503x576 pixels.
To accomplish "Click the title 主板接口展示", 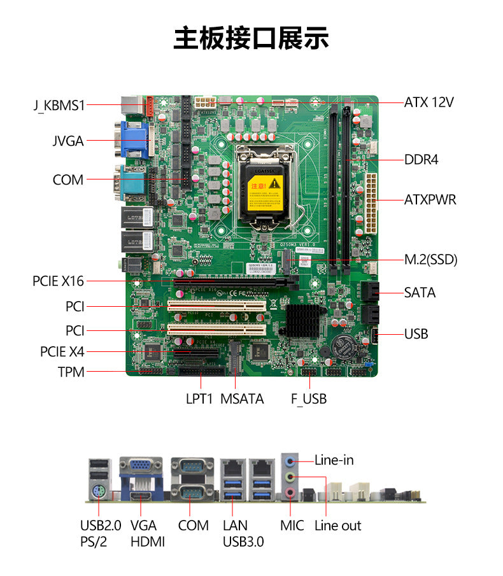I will tap(251, 39).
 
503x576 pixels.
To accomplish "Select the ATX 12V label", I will tap(429, 102).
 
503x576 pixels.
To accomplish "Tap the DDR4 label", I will tap(422, 159).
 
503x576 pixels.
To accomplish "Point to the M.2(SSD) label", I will tap(431, 260).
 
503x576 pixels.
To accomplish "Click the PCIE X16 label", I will tap(58, 280).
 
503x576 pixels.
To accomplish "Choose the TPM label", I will tap(71, 372).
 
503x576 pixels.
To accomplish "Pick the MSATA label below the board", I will tap(242, 399).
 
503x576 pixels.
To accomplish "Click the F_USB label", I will tap(309, 399).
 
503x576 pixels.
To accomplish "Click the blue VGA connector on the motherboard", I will tap(135, 141).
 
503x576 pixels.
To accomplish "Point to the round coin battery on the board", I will tap(347, 348).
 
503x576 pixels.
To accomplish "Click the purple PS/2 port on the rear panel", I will tap(99, 492).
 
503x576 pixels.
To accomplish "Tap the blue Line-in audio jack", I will tap(290, 460).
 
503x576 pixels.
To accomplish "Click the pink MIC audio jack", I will tap(290, 492).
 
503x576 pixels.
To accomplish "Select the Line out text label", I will tap(337, 526).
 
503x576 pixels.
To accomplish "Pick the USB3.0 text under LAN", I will tap(243, 542).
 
